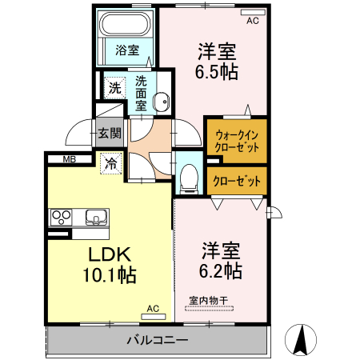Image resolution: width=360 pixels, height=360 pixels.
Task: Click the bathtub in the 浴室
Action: point(126,26)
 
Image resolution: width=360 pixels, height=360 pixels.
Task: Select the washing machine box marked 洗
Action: point(114,86)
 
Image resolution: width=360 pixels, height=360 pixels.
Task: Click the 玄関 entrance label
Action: point(109,134)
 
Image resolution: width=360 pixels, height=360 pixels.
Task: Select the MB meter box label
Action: point(69,159)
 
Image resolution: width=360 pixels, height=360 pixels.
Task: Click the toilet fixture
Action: point(189,178)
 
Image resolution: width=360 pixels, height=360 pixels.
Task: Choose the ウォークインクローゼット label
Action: point(236,141)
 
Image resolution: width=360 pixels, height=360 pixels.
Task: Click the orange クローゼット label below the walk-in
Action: point(237,181)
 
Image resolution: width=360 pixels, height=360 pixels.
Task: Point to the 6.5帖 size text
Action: point(218,70)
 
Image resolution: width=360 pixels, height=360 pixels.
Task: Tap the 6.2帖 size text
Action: point(222,270)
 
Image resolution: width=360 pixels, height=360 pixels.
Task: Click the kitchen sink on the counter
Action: point(95,216)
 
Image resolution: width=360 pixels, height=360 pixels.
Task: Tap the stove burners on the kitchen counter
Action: point(62,216)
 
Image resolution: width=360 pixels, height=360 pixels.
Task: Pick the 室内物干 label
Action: point(209,302)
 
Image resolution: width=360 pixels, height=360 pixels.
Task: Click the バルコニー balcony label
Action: point(157,341)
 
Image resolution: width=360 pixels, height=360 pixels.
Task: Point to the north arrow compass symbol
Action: point(302,339)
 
